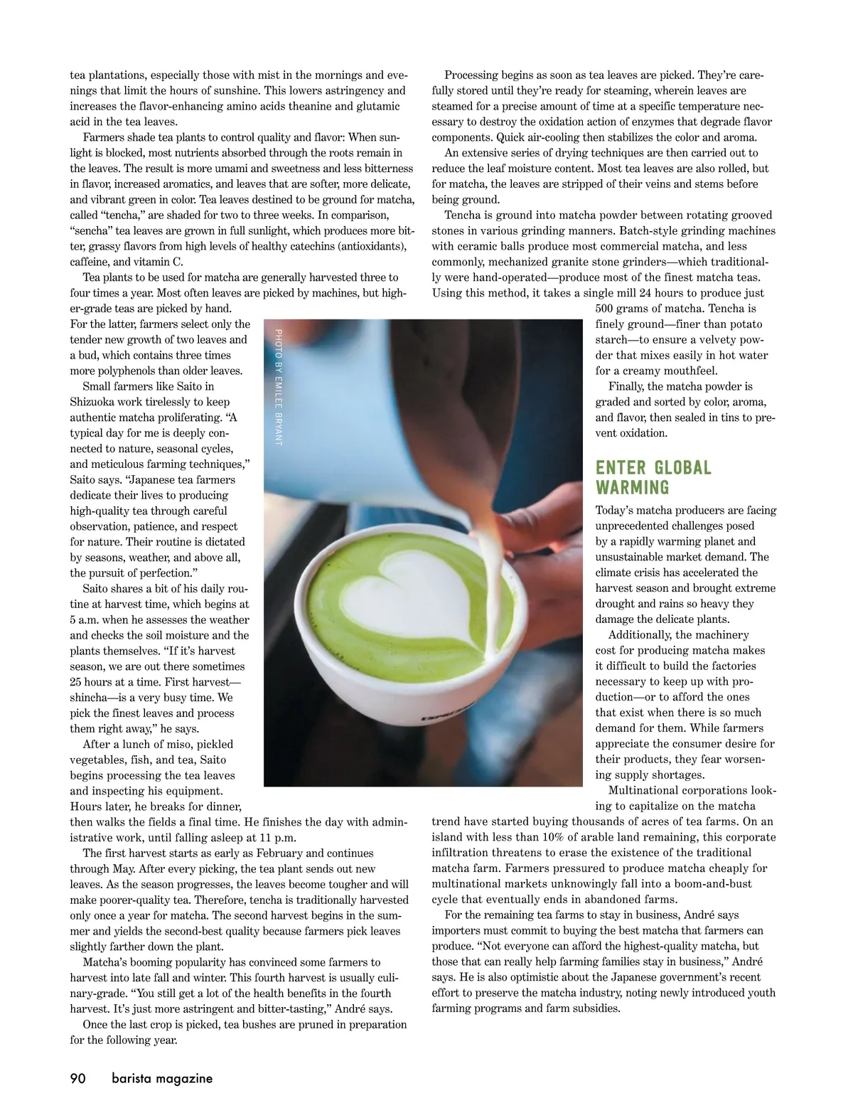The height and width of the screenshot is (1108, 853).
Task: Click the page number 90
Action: (77, 1078)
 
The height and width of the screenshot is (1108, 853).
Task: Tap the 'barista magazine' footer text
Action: (161, 1078)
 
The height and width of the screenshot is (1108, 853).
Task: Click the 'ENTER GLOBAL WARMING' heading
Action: (653, 477)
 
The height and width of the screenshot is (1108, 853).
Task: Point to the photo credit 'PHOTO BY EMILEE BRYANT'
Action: (278, 387)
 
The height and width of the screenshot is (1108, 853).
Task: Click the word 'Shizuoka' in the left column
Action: (93, 402)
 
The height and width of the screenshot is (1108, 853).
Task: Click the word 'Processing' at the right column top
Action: (471, 75)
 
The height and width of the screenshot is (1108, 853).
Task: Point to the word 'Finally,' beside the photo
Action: (628, 386)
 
